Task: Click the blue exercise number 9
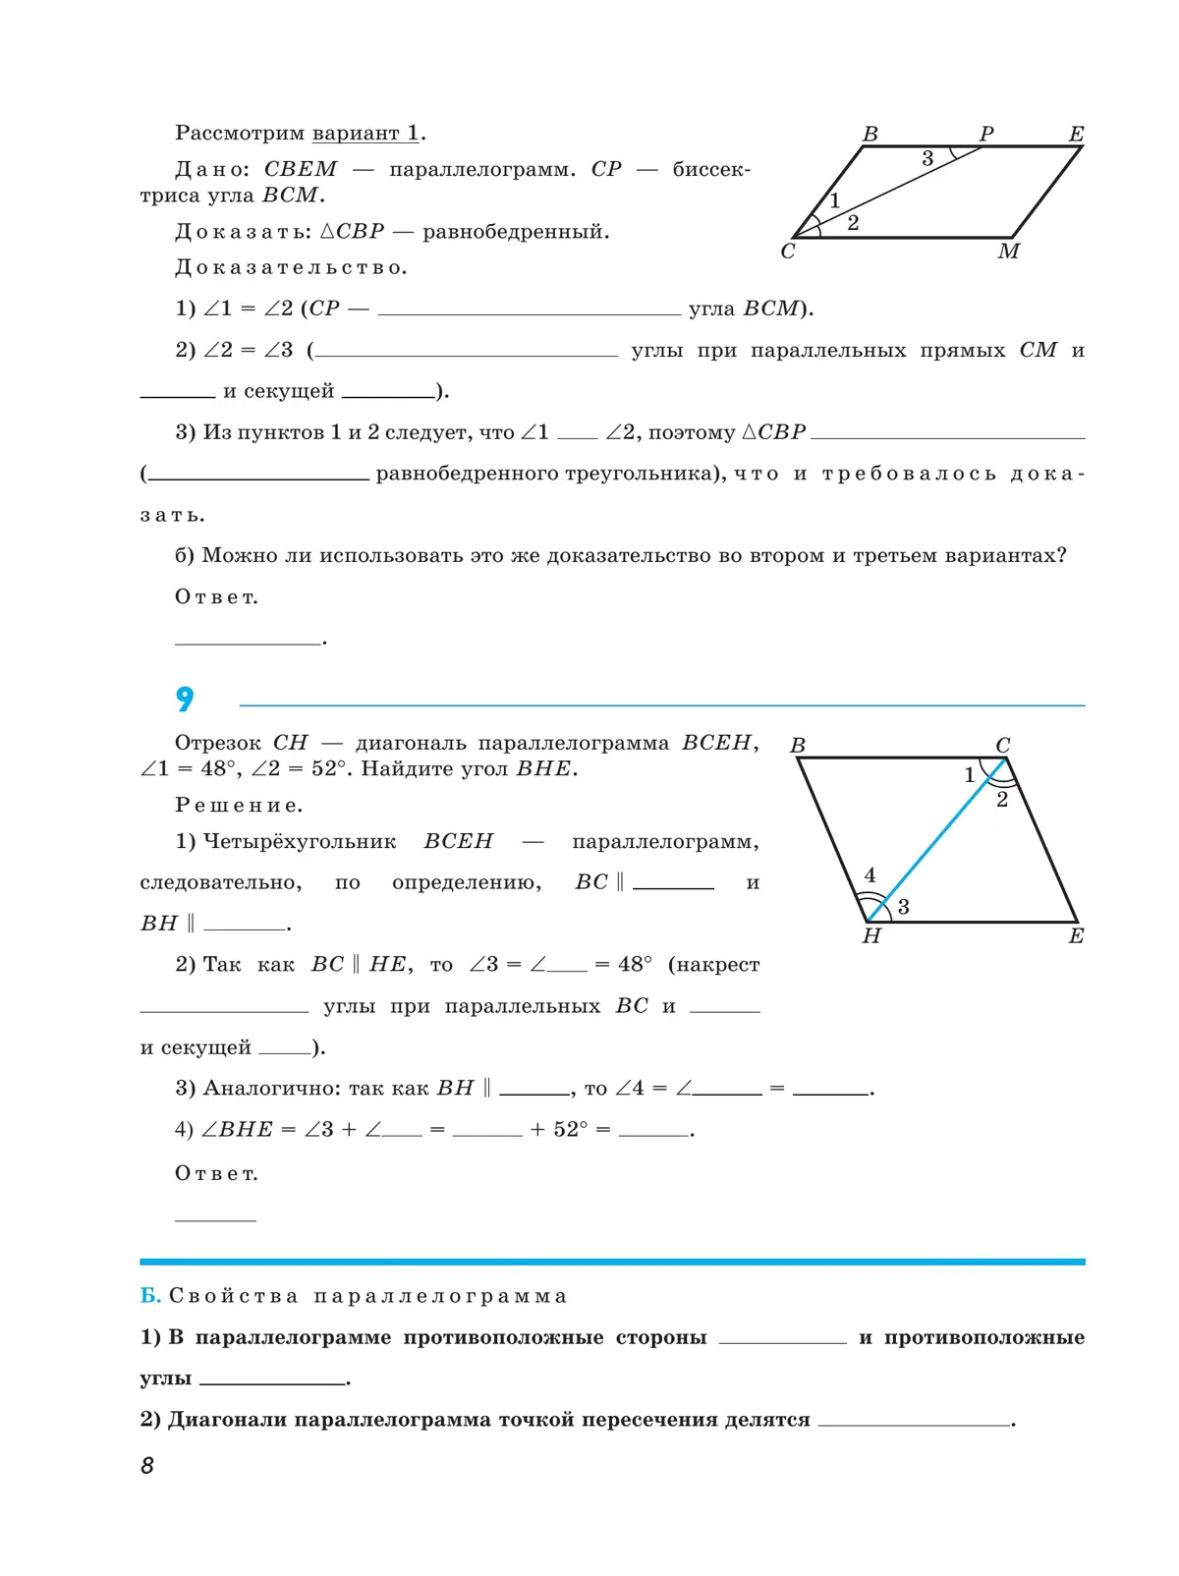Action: point(185,700)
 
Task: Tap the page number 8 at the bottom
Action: point(147,1465)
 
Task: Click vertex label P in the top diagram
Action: point(986,134)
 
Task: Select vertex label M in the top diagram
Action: point(1008,252)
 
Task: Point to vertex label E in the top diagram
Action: point(1076,134)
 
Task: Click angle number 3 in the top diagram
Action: point(927,158)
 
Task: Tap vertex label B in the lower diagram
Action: point(798,746)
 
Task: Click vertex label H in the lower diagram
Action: point(871,936)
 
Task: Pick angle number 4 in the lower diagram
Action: point(870,874)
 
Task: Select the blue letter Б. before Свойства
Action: point(150,1296)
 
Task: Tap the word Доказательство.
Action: point(291,267)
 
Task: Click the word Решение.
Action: point(239,806)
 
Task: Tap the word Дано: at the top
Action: point(214,169)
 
